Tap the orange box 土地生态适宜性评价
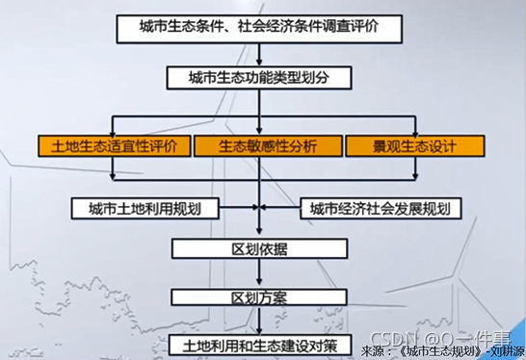point(114,146)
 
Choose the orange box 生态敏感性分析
point(267,146)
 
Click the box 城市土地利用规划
point(145,208)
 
